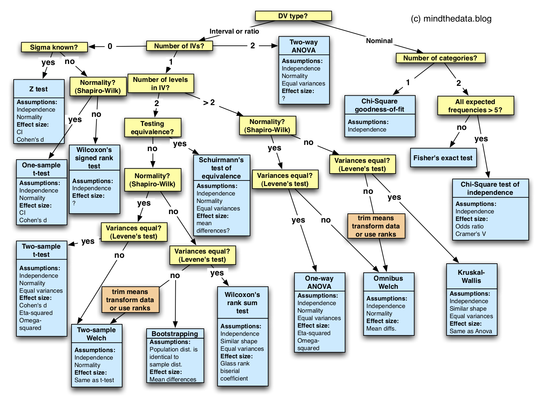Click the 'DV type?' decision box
(293, 16)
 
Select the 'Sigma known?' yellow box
(54, 47)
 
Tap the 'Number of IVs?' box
(179, 46)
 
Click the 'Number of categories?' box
(440, 58)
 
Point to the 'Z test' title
(39, 89)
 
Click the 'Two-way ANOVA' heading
(304, 46)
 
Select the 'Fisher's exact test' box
(443, 158)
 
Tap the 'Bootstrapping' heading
(175, 333)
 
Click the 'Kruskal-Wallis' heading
(471, 276)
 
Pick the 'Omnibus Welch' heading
(388, 282)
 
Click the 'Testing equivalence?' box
(152, 128)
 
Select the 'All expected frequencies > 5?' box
(475, 106)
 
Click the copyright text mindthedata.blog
(451, 19)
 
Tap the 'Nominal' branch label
(379, 41)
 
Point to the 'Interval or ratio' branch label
(234, 31)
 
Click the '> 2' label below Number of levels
(209, 102)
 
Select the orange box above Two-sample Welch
(130, 300)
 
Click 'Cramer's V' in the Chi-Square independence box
(470, 234)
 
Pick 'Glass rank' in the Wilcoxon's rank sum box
(235, 364)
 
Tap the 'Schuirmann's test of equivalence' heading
(221, 168)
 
